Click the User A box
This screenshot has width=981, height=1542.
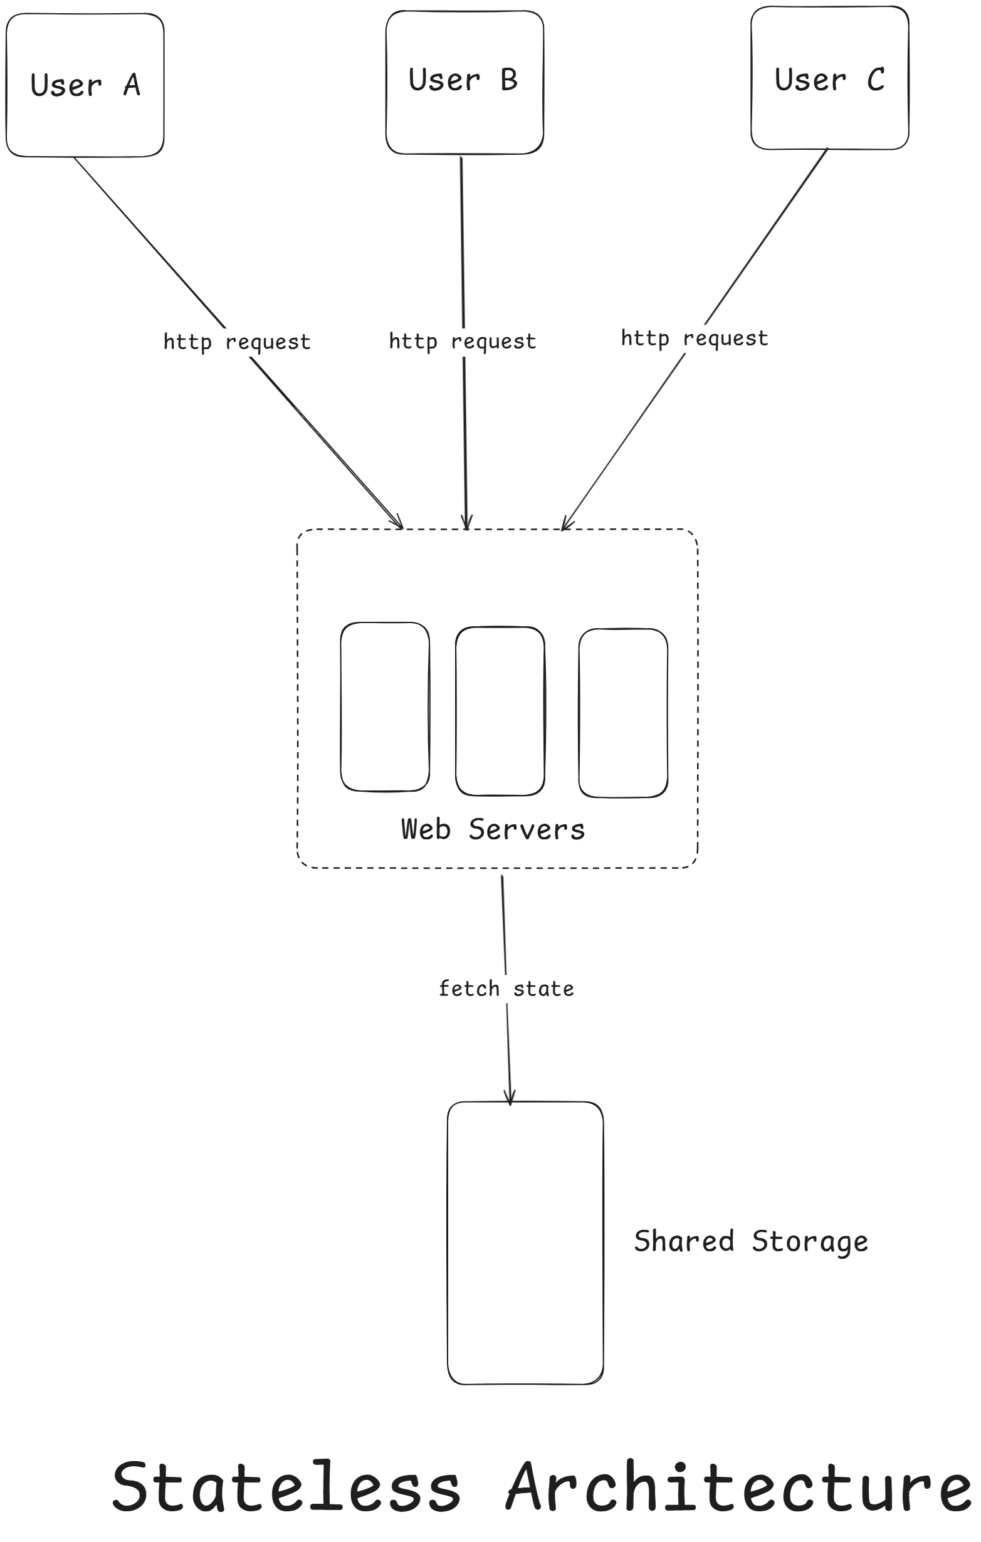coord(85,85)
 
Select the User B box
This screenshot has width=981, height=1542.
coord(464,82)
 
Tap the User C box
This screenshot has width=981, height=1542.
coord(829,78)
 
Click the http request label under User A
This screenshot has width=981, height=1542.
coord(237,342)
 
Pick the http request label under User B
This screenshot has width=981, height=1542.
coord(463,342)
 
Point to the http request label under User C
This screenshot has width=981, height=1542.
coord(694,338)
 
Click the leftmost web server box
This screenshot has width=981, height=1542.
coord(385,706)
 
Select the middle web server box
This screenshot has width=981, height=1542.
coord(500,711)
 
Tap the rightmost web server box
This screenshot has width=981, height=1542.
coord(623,713)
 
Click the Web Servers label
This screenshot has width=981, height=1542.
coord(493,829)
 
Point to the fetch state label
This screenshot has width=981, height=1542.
coord(506,989)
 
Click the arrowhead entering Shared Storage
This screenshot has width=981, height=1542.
coord(510,1100)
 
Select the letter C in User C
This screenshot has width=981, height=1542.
coord(876,80)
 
